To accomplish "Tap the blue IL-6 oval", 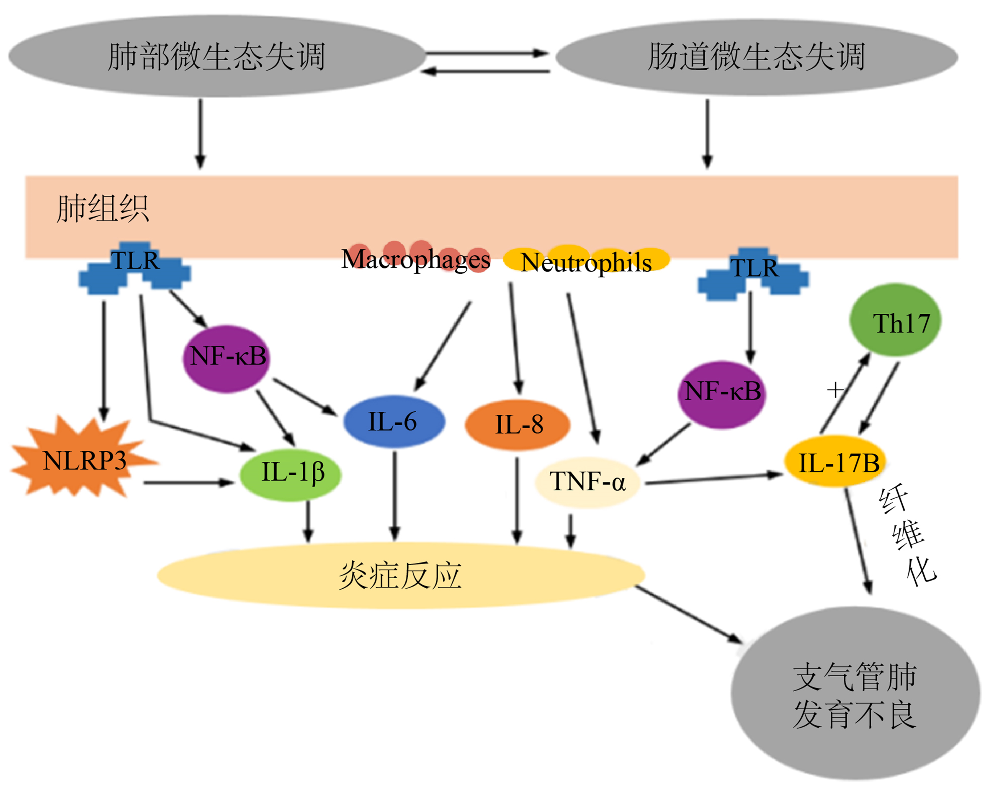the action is (394, 421).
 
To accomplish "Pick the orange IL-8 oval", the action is (518, 425).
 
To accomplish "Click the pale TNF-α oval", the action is (587, 482).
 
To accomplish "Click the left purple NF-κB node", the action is (227, 359).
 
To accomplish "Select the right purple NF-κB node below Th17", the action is (721, 395).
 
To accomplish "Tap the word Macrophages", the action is (416, 259).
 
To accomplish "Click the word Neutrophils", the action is (586, 262).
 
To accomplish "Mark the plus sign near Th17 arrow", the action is (835, 390).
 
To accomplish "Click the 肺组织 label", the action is (103, 209).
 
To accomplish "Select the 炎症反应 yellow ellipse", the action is (401, 576).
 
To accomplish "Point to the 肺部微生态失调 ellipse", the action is (217, 56).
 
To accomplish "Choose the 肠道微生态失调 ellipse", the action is (757, 57).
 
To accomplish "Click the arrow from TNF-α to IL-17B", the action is (714, 479).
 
